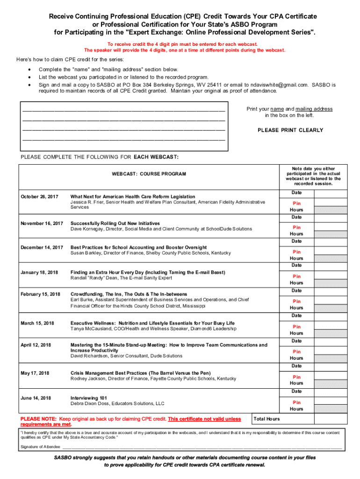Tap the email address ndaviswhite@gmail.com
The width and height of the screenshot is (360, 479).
(270, 85)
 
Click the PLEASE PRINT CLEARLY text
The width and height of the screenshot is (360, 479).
(290, 130)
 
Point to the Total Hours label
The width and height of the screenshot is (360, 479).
(266, 419)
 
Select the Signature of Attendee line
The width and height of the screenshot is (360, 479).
(206, 447)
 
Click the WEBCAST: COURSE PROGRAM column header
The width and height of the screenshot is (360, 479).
(149, 174)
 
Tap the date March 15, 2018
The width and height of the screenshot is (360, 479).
(37, 323)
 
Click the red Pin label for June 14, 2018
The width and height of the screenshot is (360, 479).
(297, 402)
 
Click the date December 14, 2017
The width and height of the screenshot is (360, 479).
(42, 247)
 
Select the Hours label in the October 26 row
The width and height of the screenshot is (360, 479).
(296, 210)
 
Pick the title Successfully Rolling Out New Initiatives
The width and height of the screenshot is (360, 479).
(115, 223)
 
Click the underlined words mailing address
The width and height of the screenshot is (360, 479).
(315, 109)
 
